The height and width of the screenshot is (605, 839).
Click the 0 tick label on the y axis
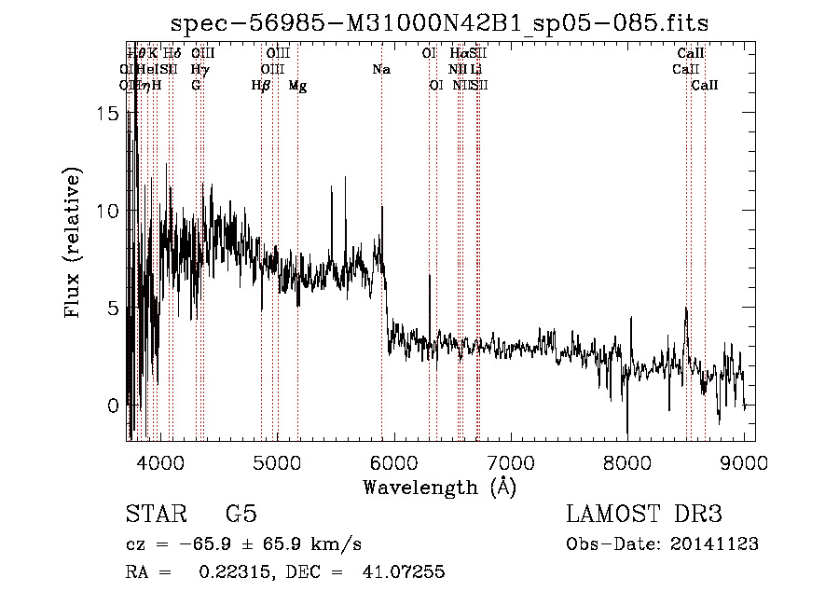113,406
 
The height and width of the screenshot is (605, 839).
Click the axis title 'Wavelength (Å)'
439,486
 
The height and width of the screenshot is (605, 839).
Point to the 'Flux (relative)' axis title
74,243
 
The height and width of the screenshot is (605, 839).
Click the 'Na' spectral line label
380,69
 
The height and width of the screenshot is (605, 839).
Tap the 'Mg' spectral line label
297,86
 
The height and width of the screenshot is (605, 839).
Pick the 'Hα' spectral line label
459,53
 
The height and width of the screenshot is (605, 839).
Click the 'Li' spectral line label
475,69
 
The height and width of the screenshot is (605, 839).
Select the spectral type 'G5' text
241,514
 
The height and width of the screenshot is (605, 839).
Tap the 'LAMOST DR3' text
644,514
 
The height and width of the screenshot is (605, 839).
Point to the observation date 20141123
712,544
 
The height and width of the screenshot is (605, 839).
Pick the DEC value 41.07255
406,572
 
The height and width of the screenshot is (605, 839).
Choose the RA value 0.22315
232,572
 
